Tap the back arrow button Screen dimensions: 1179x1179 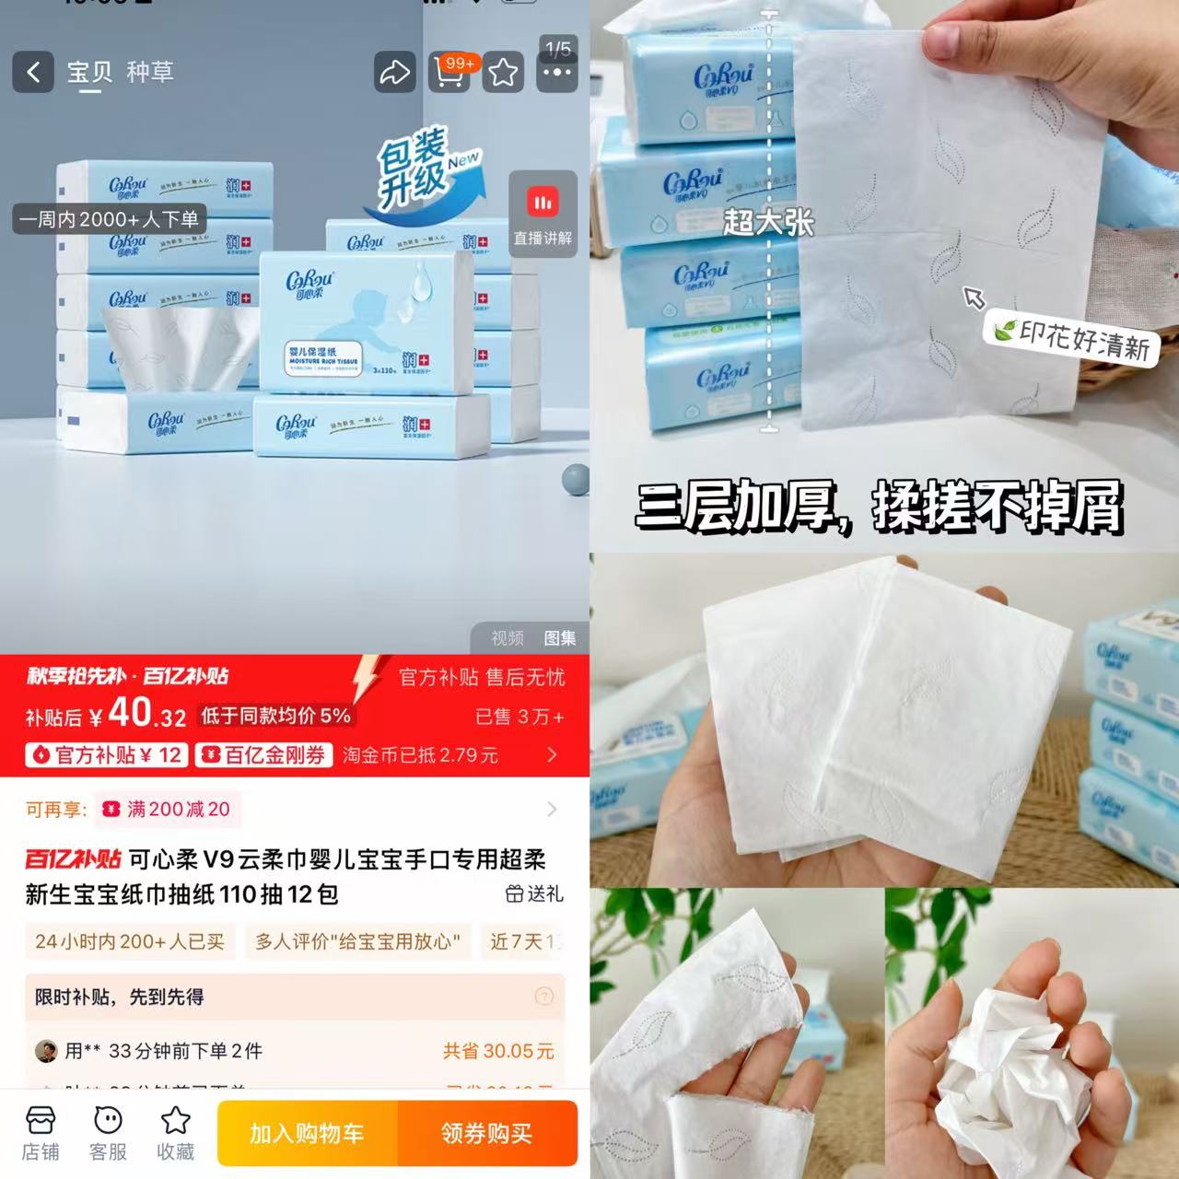[33, 72]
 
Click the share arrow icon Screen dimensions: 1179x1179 [395, 72]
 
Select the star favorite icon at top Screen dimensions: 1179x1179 [503, 72]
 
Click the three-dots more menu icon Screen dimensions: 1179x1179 [557, 72]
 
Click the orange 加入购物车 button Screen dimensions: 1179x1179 [307, 1133]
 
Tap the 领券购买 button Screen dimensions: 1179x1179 [486, 1133]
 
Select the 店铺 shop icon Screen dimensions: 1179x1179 [41, 1133]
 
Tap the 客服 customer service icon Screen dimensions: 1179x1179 [108, 1133]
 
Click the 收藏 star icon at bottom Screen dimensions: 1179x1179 [175, 1133]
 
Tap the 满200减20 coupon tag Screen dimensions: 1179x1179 [169, 810]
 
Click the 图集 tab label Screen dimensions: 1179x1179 [560, 638]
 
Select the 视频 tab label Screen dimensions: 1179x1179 [507, 638]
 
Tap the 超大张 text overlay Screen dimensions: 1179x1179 [768, 221]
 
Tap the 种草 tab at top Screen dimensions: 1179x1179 [149, 72]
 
